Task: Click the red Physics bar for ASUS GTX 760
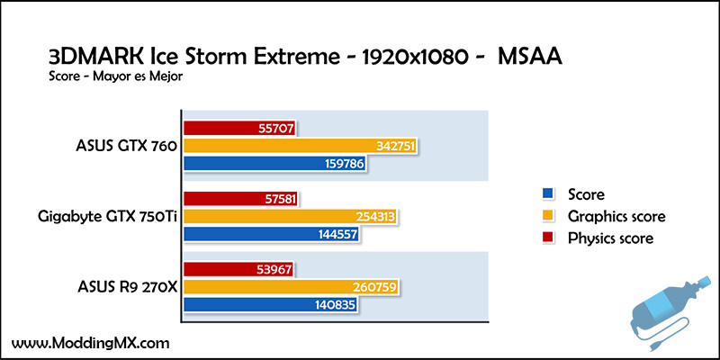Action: [239, 128]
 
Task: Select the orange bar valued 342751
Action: [301, 146]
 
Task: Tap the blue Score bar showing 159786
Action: [274, 164]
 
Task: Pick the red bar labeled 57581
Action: [240, 199]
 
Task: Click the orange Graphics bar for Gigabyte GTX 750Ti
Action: [290, 217]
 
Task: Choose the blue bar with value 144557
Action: [271, 234]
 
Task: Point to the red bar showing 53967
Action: [238, 269]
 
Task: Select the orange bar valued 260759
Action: [291, 287]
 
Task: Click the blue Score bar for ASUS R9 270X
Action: [270, 305]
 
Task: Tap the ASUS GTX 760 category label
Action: [126, 147]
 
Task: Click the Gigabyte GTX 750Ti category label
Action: [108, 217]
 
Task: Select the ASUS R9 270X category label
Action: [127, 288]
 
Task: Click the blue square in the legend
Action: [547, 193]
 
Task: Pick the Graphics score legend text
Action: [616, 216]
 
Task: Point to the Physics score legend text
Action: [610, 238]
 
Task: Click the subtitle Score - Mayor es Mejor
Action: [116, 77]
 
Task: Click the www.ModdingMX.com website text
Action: [91, 343]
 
